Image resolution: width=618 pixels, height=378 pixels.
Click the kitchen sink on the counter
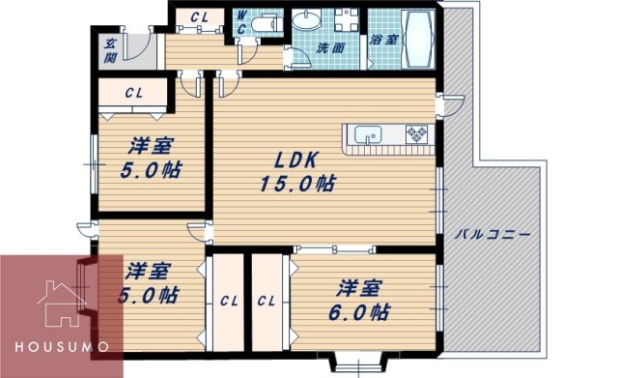[x=368, y=132]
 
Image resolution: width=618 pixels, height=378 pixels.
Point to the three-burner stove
[x=418, y=132]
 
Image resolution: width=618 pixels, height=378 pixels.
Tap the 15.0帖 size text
[x=296, y=183]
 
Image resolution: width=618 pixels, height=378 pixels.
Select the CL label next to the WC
[x=200, y=16]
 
